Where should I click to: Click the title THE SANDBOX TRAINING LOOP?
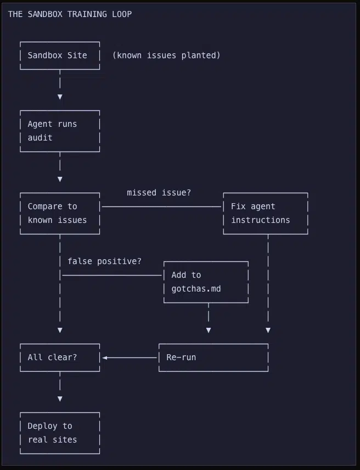[x=70, y=14]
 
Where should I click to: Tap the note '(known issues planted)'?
[x=166, y=55]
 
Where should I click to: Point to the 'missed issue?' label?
[x=159, y=193]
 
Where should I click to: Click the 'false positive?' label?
[x=104, y=261]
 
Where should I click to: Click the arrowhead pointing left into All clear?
[x=104, y=357]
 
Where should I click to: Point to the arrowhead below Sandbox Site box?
[x=60, y=97]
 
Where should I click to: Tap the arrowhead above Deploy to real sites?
[x=60, y=399]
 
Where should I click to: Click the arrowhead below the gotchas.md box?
[x=209, y=331]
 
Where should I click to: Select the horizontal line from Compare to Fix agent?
[x=162, y=206]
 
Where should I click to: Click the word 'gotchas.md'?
[x=196, y=289]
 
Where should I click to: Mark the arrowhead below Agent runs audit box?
[x=60, y=179]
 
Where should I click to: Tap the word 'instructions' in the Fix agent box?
[x=261, y=220]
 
